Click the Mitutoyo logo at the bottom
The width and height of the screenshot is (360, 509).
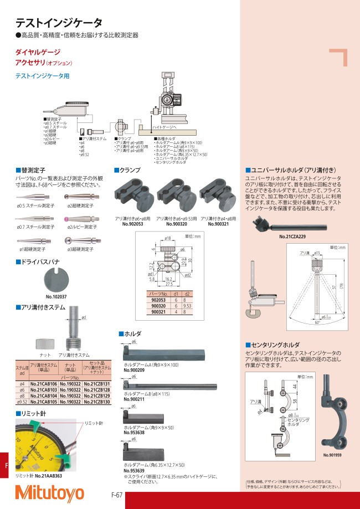[x=49, y=492]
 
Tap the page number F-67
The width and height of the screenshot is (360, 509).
[x=116, y=495]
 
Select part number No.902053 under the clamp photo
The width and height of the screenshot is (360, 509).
[x=132, y=224]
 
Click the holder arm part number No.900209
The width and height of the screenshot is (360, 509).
[x=133, y=369]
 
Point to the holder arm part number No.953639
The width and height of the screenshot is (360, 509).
[x=133, y=470]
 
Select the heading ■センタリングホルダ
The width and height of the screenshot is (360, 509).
[x=275, y=345]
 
